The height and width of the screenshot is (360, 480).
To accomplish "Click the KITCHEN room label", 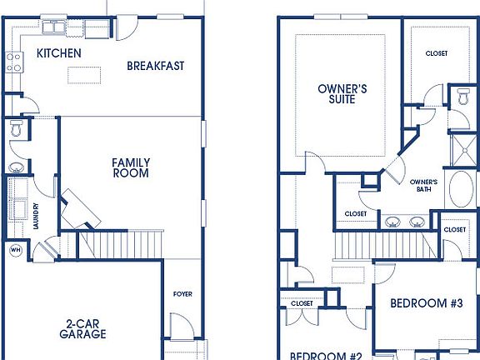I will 58,53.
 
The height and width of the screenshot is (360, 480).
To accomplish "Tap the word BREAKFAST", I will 155,66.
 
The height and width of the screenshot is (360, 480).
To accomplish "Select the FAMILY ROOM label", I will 131,167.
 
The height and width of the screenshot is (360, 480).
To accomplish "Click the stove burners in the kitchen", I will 14,60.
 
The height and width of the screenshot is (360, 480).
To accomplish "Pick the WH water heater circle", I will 15,249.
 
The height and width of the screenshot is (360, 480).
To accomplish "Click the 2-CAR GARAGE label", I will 82,328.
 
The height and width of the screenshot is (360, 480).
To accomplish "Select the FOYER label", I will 182,294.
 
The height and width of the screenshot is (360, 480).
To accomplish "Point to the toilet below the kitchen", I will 17,131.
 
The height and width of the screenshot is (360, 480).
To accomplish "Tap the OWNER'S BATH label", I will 424,185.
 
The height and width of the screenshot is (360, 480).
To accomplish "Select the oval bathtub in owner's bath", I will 461,190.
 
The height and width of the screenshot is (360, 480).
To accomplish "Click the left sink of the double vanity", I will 392,222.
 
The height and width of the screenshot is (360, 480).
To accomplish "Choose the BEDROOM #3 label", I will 426,303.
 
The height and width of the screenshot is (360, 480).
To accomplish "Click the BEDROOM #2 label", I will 325,355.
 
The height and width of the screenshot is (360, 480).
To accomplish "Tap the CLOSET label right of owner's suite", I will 436,53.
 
